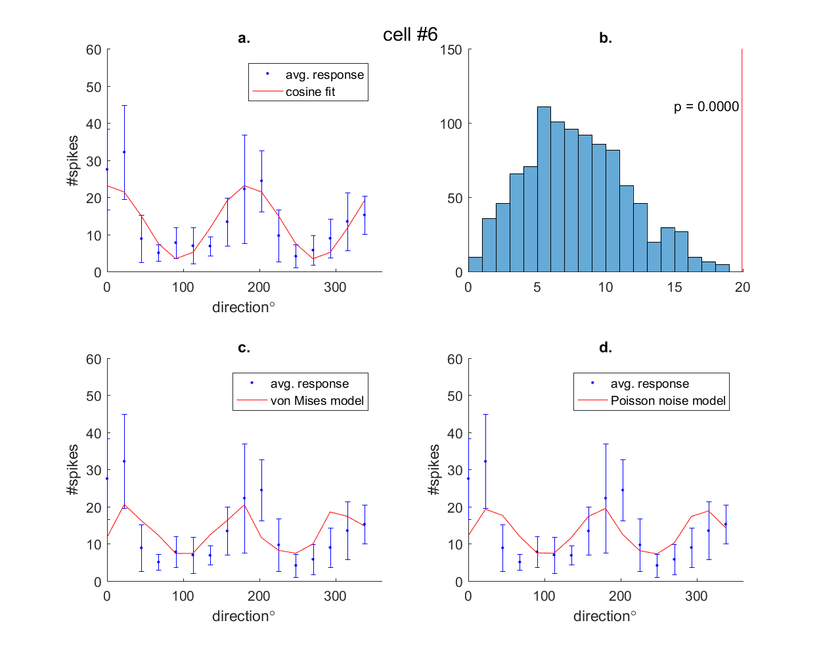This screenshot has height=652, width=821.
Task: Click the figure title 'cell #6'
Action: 410,35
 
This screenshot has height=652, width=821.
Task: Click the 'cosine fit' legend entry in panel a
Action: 310,92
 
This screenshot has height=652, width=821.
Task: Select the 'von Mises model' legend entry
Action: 317,401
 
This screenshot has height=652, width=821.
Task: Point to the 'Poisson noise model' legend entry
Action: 667,401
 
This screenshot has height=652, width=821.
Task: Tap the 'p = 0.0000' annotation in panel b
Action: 706,106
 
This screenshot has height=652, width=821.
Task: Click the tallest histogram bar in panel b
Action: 544,189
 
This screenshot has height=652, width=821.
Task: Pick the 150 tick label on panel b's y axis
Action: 451,50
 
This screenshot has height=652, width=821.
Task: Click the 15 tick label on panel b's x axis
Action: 675,287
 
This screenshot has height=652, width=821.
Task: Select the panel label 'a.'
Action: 244,38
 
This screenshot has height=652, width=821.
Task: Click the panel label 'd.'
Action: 605,348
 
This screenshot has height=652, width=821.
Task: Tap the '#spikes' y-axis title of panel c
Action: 73,470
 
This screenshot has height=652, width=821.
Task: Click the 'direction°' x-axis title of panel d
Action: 604,617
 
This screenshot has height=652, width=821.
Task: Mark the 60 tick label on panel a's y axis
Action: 94,50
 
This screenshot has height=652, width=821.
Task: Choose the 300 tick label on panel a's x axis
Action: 335,287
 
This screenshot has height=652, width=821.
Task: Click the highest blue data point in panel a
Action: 124,152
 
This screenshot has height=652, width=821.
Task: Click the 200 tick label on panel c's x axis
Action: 259,597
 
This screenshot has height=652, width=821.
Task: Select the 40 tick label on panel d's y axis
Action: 455,434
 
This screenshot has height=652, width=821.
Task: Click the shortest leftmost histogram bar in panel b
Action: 475,264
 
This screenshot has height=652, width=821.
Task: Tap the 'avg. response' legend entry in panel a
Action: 324,75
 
